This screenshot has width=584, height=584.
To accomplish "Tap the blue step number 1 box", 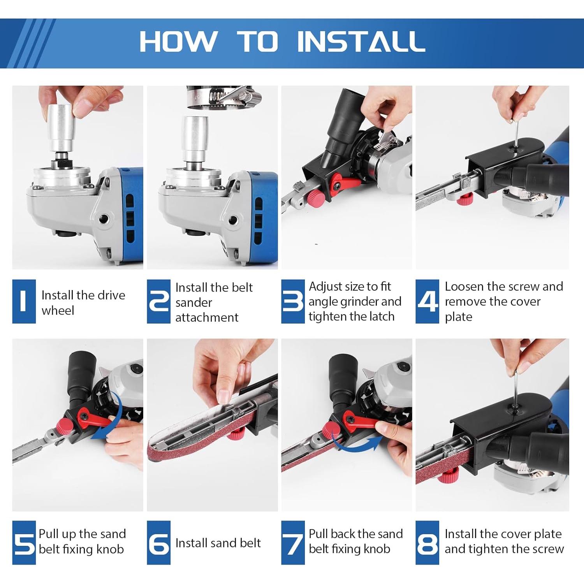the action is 24,301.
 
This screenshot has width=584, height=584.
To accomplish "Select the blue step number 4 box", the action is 427,301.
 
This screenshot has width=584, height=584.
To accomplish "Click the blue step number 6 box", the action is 158,542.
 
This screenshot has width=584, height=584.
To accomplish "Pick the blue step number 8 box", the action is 427,542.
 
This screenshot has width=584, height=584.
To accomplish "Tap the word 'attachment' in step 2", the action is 207,317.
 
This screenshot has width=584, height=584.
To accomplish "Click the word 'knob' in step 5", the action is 110,549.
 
